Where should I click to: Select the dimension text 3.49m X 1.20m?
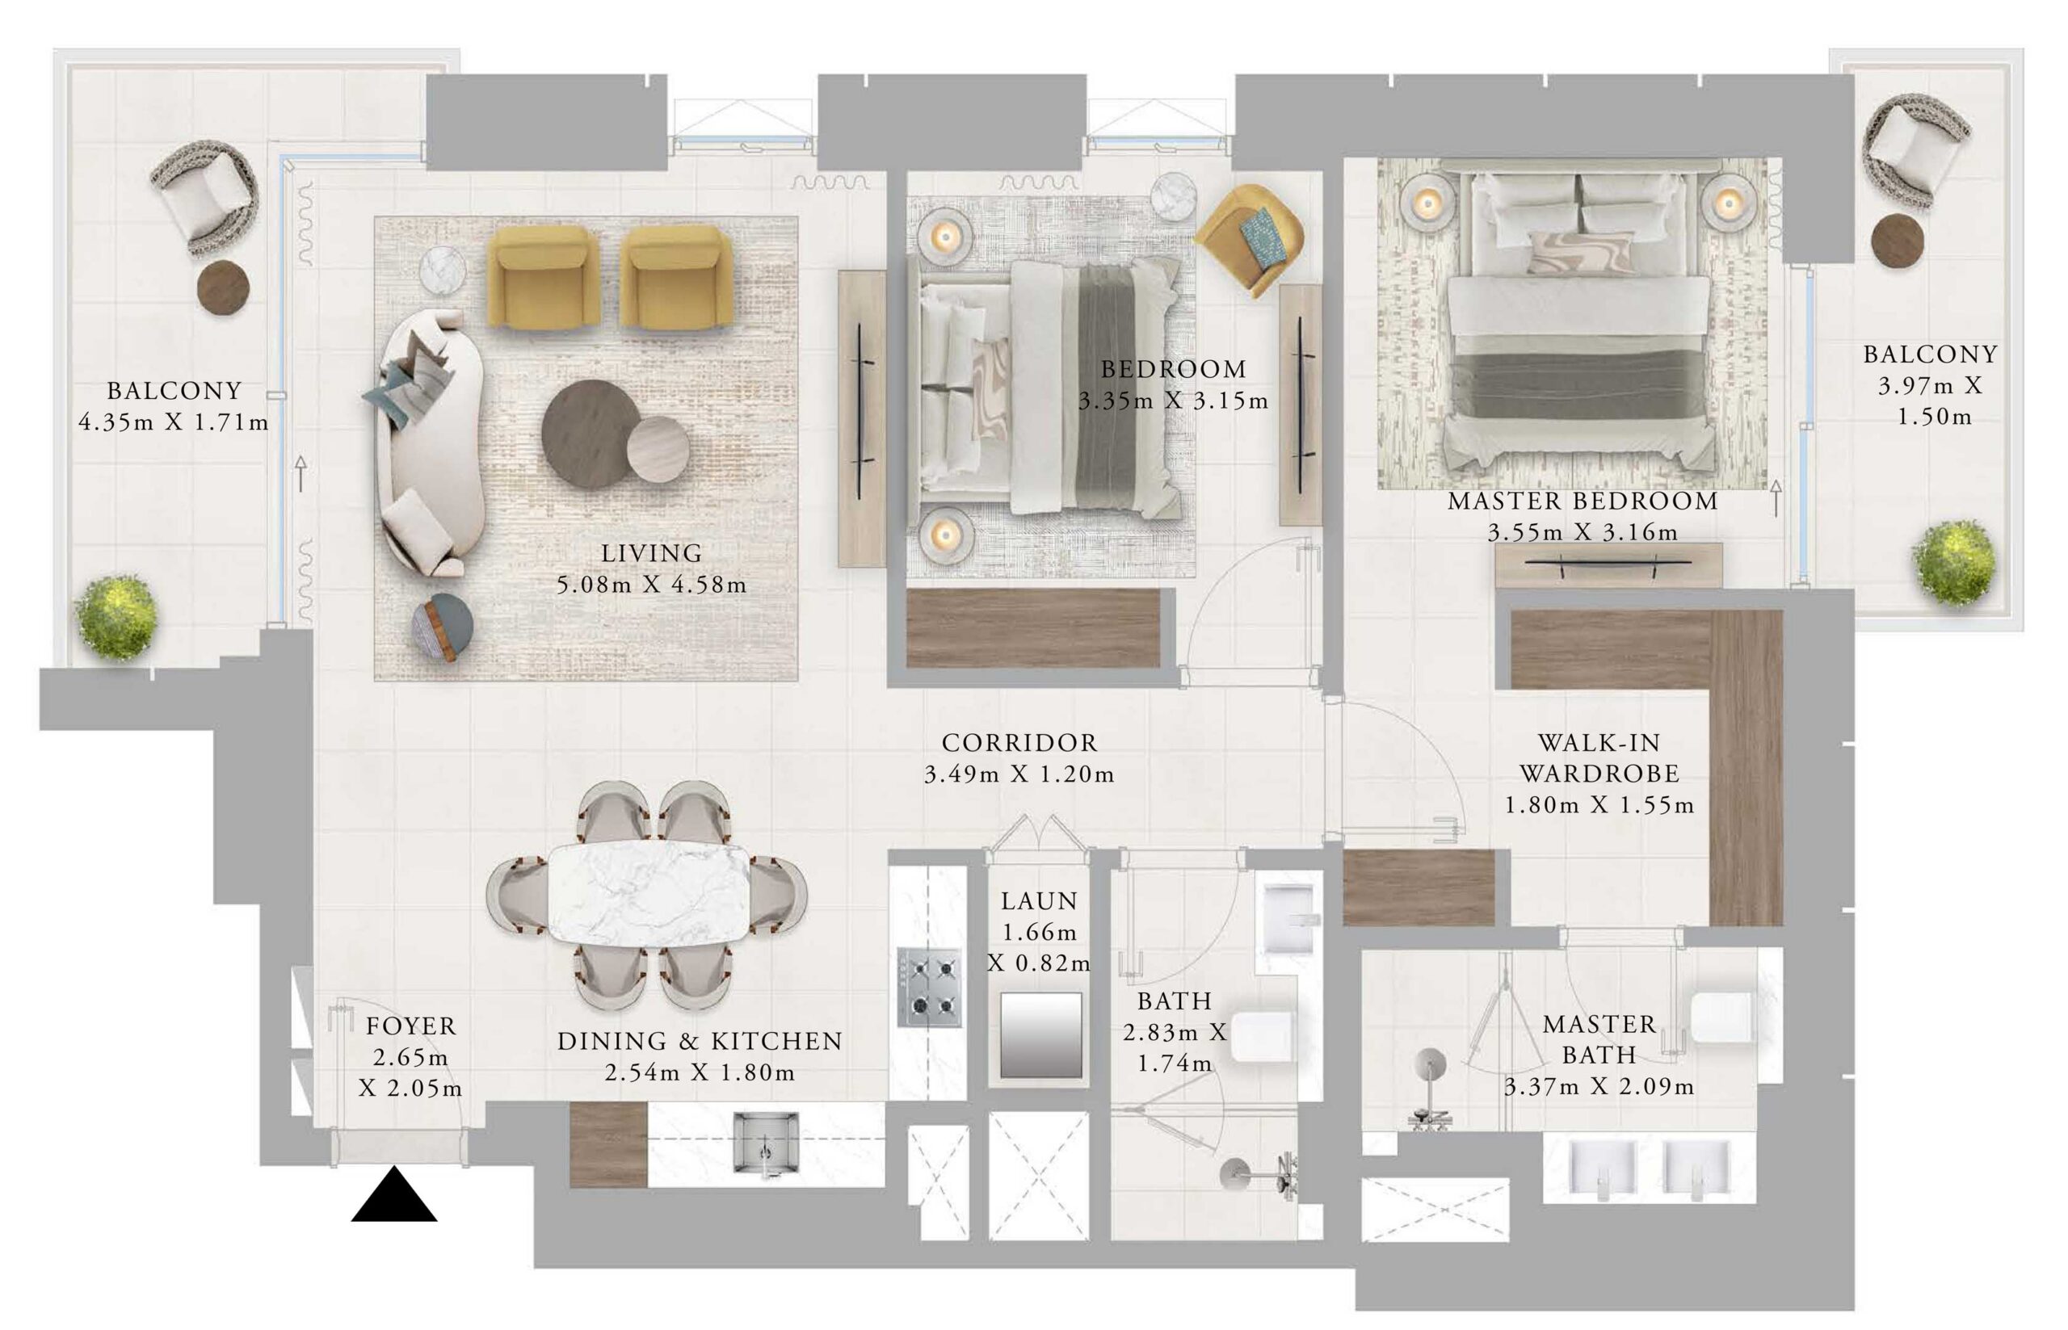pos(1019,774)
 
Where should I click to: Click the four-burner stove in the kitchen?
pos(930,987)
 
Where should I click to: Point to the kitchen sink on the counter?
pos(764,1143)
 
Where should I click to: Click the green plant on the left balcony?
pos(116,617)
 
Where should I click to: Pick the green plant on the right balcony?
pos(1954,562)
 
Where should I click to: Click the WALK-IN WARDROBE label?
pos(1599,758)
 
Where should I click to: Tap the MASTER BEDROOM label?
pos(1583,501)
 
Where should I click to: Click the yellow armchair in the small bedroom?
pos(1248,239)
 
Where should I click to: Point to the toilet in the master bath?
pos(1720,1017)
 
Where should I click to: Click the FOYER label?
pos(410,1026)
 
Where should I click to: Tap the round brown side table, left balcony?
pos(224,287)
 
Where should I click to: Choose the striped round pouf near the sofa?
pos(443,627)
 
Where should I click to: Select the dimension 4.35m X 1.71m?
pos(174,422)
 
